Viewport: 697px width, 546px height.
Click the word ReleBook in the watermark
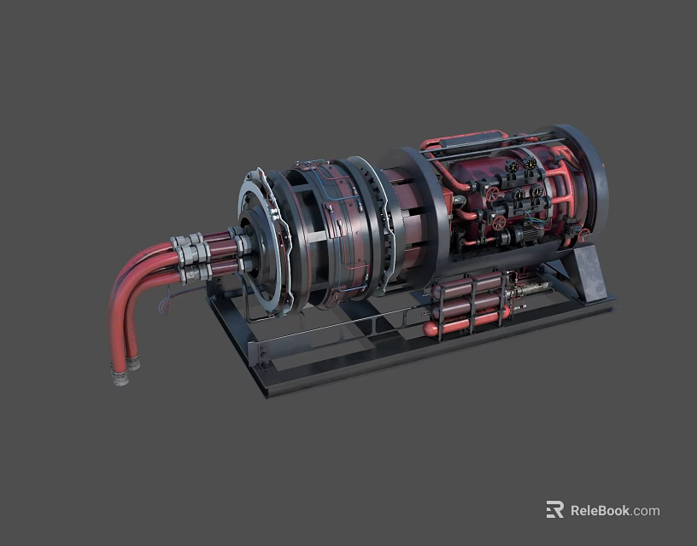pyautogui.click(x=600, y=510)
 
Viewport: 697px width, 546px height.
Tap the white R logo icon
pyautogui.click(x=555, y=509)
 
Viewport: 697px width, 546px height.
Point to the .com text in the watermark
pyautogui.click(x=646, y=510)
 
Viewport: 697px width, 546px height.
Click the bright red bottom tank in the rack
pyautogui.click(x=466, y=323)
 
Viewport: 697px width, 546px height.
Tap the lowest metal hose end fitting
pyautogui.click(x=120, y=377)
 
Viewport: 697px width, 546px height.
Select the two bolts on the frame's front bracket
pyautogui.click(x=262, y=350)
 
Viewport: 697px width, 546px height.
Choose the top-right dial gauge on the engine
pyautogui.click(x=530, y=163)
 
